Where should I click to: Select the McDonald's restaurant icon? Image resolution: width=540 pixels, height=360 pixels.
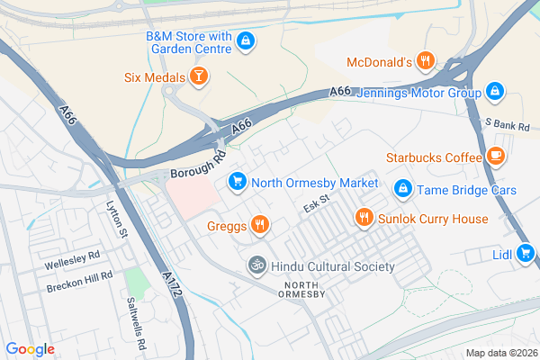(427, 62)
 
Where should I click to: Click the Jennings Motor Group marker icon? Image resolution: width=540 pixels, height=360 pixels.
(494, 92)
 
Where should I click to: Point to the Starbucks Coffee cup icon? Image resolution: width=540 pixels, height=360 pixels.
(496, 157)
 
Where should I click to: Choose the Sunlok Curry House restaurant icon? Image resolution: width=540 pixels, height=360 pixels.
(364, 218)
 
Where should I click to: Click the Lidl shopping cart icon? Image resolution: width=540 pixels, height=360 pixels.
(526, 254)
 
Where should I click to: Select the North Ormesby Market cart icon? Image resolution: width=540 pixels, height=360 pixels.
(237, 182)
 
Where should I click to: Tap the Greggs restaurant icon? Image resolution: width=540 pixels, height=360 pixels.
(259, 225)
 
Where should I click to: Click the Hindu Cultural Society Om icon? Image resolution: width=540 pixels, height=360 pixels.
(256, 266)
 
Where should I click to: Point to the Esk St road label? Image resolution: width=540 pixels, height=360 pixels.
(316, 207)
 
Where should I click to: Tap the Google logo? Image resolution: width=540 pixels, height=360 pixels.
(31, 349)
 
